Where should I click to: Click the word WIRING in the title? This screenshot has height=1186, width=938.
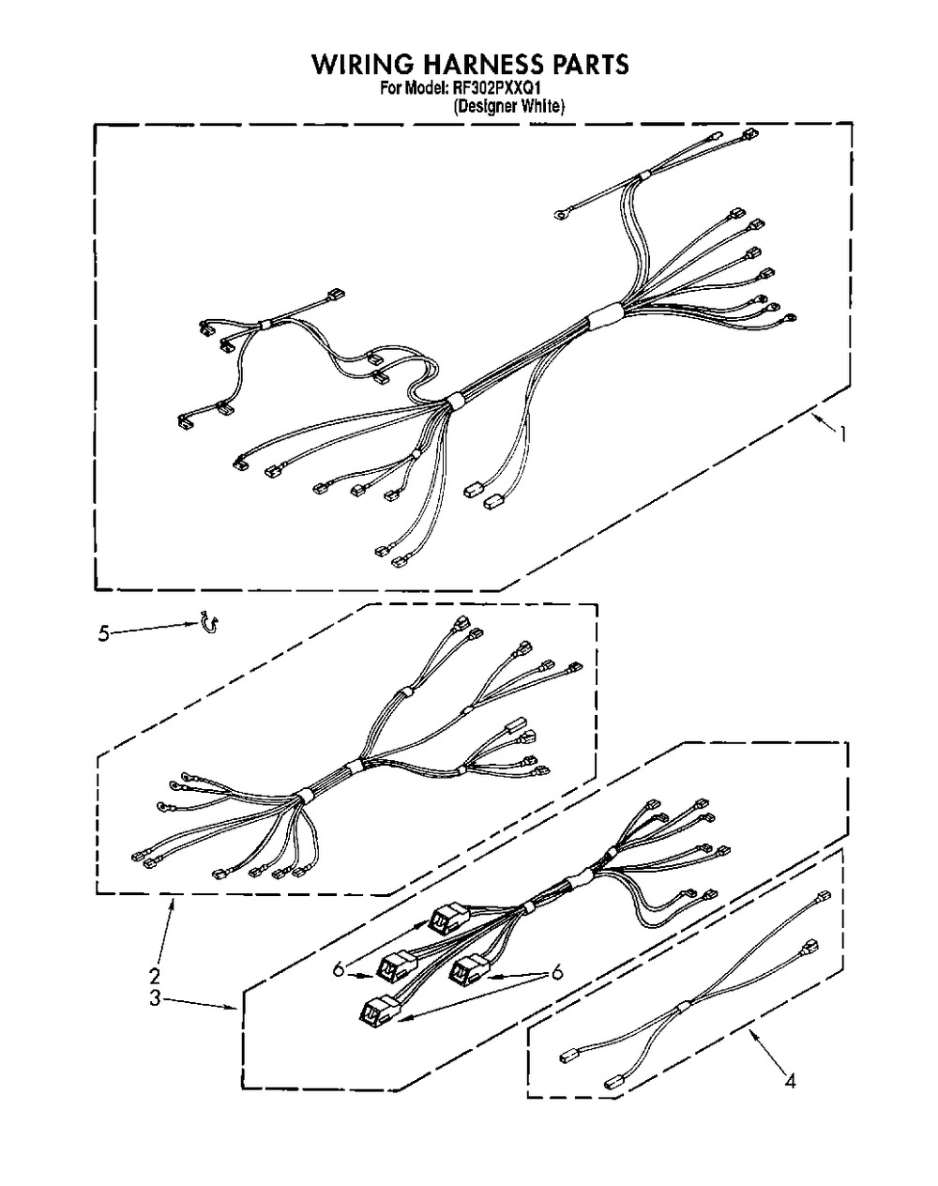click(x=363, y=64)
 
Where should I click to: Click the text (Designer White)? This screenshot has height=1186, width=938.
click(x=508, y=106)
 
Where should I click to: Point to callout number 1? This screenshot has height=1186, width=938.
click(x=842, y=435)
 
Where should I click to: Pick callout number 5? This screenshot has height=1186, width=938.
click(x=104, y=633)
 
